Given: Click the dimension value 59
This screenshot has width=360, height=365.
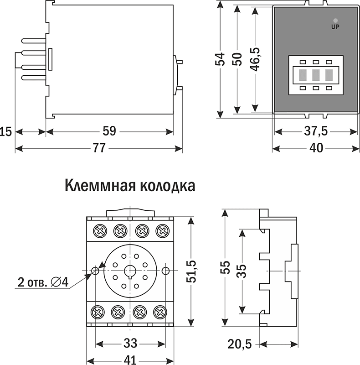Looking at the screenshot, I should click(109, 131).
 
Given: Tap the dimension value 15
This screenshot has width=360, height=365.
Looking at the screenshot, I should click(5, 132).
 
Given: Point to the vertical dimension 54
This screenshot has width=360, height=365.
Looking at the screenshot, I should click(221, 59).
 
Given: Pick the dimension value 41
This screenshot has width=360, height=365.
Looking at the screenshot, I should click(130, 360).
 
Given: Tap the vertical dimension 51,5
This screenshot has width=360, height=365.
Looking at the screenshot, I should click(192, 271).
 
